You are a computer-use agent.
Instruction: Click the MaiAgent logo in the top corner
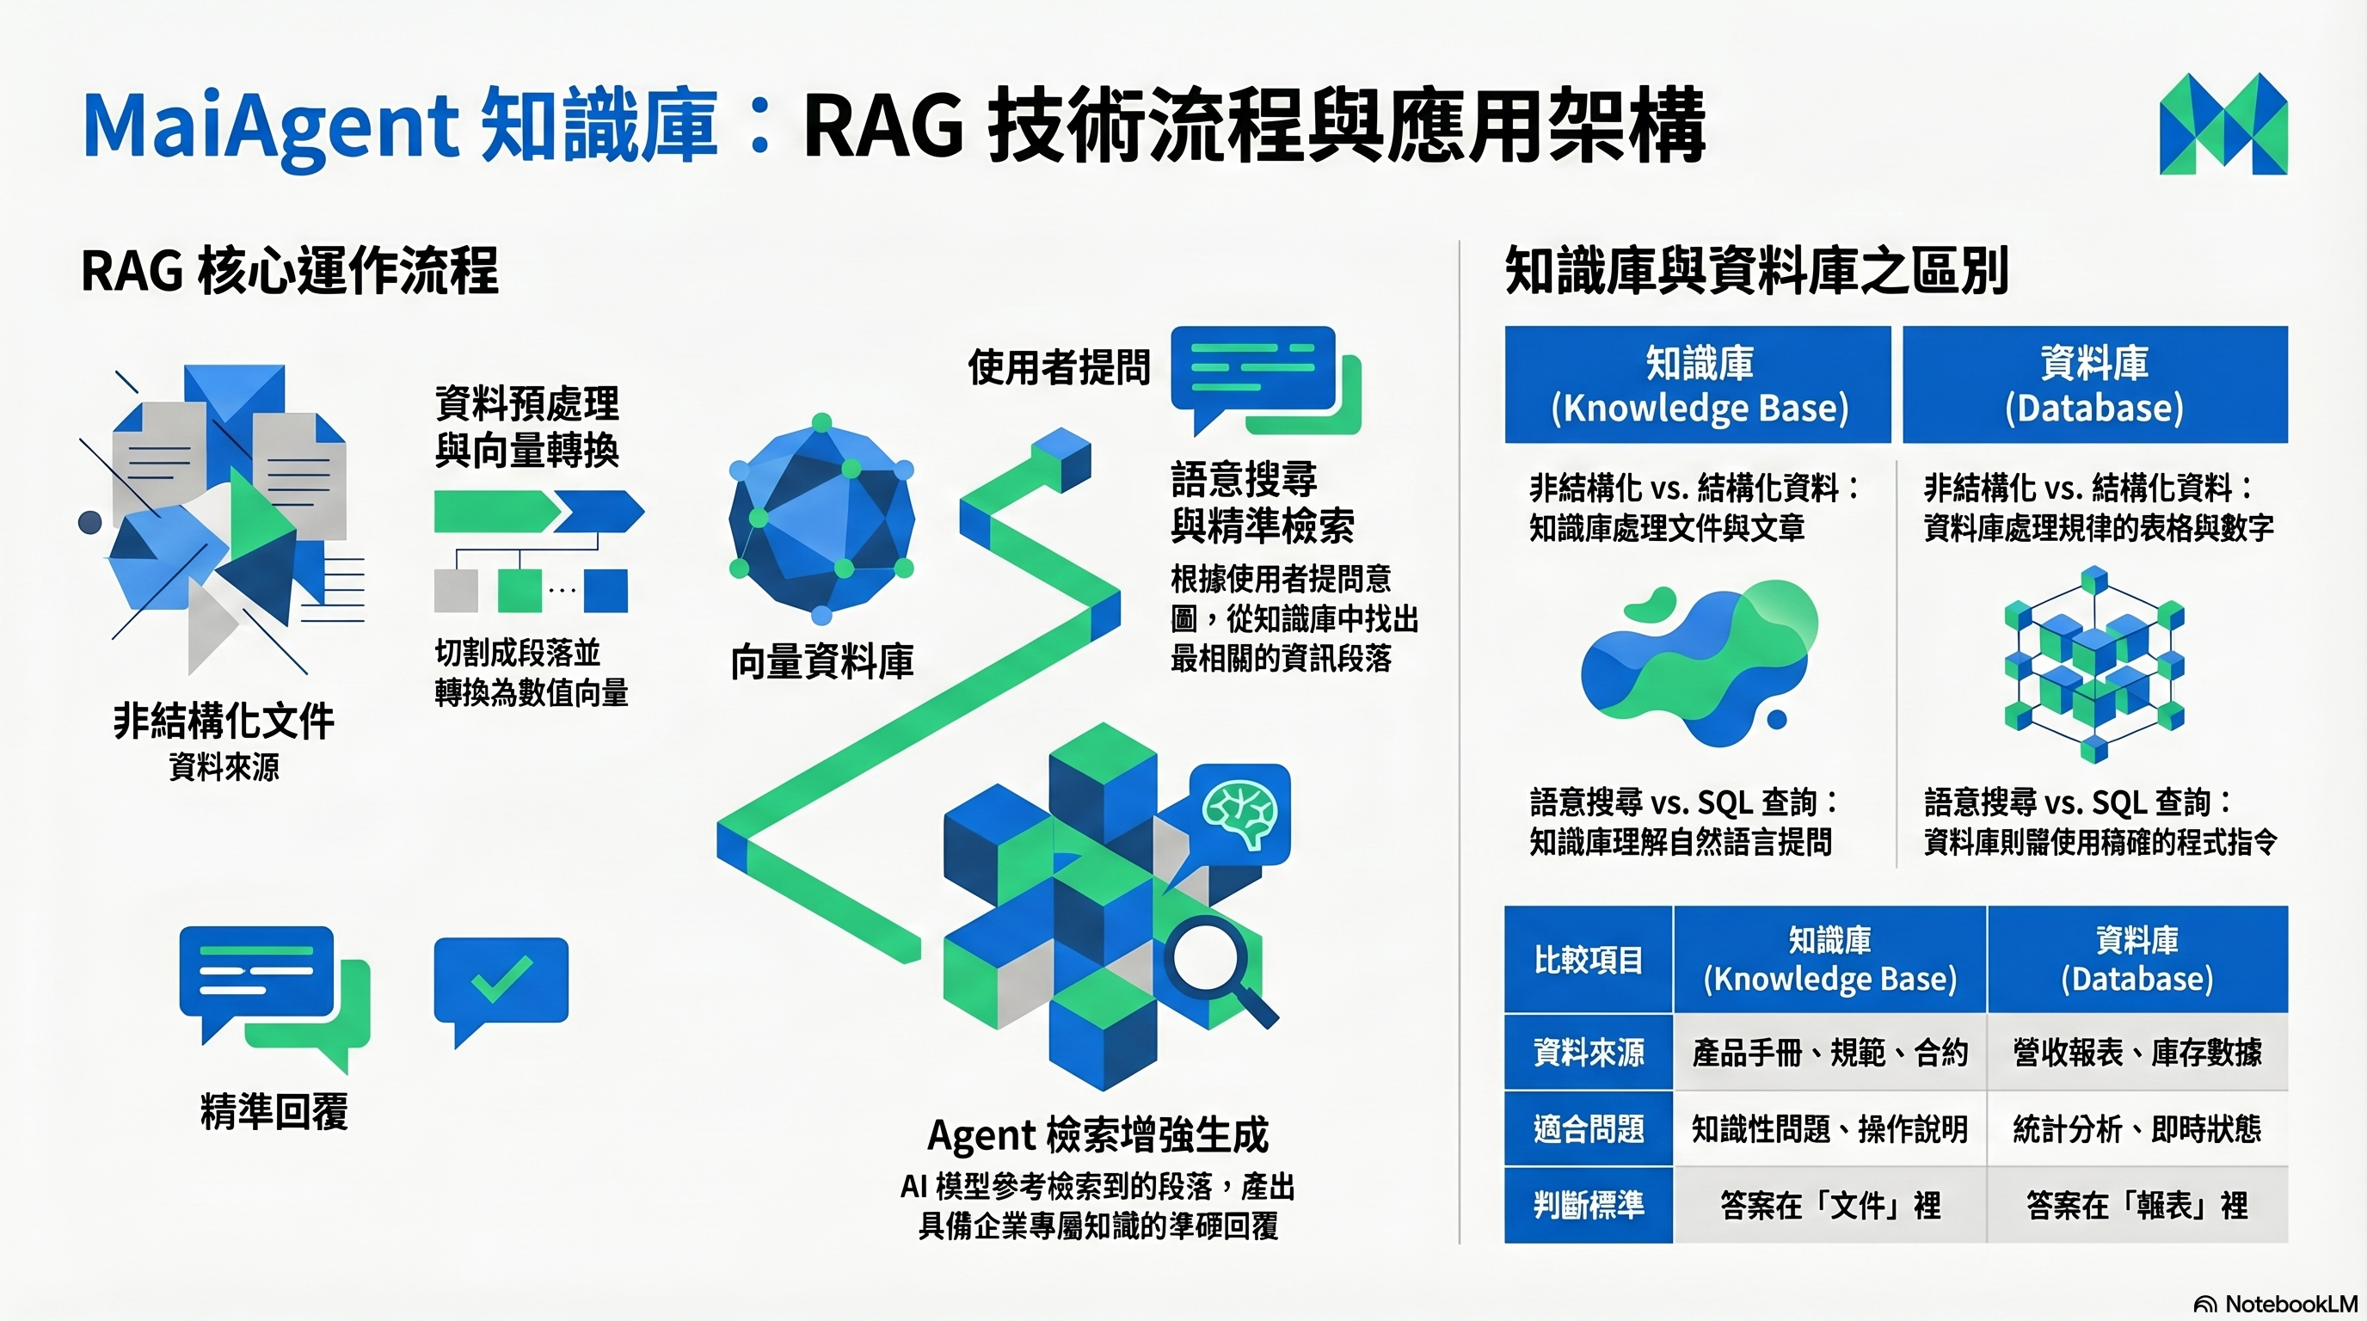(2223, 124)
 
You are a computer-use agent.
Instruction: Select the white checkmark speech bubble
(501, 983)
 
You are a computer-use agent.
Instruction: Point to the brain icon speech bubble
(1239, 814)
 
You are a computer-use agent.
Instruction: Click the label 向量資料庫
(821, 661)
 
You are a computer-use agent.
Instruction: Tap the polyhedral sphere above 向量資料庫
(821, 519)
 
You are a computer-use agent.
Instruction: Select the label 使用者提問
(1059, 367)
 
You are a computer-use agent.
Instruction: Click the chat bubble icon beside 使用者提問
(1263, 378)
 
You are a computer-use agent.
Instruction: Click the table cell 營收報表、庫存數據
(2136, 1052)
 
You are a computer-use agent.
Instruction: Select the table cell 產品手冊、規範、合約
(1829, 1052)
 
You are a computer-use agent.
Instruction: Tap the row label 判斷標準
(1588, 1204)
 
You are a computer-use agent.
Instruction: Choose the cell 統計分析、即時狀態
(2136, 1129)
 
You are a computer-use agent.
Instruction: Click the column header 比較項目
(1588, 960)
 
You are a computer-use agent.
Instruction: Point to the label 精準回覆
(274, 1111)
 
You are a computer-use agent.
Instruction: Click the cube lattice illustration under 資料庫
(2094, 663)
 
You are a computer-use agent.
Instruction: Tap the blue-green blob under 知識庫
(1698, 661)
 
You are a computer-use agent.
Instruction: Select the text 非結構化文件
(224, 721)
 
